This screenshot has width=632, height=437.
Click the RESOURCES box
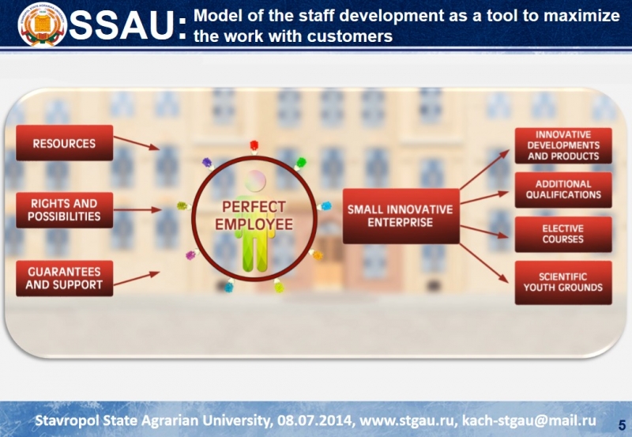coord(65,143)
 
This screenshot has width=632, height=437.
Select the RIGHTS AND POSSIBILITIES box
coord(65,210)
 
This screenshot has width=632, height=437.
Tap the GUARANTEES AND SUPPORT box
coord(65,278)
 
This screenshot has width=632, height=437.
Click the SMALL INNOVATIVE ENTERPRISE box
coord(401,216)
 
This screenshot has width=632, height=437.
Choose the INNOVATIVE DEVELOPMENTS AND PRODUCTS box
coord(563,145)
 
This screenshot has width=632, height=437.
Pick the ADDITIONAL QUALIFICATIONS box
coord(563,190)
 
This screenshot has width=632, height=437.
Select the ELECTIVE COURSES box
coord(563,234)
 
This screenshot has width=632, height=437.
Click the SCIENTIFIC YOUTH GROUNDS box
coord(563,283)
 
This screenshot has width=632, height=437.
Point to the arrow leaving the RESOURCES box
coord(137,143)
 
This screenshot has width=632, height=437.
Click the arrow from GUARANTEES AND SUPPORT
coord(137,278)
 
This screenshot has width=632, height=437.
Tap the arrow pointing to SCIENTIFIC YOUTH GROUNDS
coord(484,263)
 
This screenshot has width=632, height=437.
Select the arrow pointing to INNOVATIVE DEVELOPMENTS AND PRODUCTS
coord(484,169)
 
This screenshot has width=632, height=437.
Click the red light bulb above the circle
coord(254,147)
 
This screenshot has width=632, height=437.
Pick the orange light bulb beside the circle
coord(317,254)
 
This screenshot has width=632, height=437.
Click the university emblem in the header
coord(43,24)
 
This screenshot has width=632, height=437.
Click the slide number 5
coord(622,425)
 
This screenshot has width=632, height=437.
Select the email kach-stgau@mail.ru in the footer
coord(529,420)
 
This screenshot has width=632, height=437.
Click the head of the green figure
coord(254,181)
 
